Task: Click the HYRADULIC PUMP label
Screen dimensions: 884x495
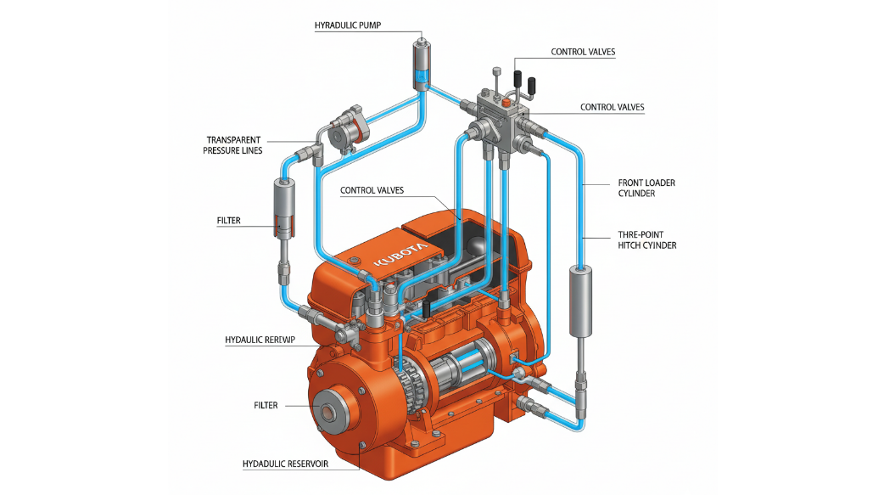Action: pyautogui.click(x=347, y=25)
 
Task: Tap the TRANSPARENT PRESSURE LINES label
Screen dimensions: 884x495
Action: pyautogui.click(x=232, y=145)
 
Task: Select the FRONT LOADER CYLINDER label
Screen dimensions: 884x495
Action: pyautogui.click(x=646, y=188)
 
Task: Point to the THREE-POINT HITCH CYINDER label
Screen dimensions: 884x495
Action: pyautogui.click(x=646, y=240)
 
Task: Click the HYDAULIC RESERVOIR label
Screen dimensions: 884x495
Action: pyautogui.click(x=285, y=464)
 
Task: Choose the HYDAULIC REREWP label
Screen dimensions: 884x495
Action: pyautogui.click(x=260, y=340)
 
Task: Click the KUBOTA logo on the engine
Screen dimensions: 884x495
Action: pyautogui.click(x=400, y=255)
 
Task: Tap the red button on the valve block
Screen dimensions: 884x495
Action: pyautogui.click(x=506, y=102)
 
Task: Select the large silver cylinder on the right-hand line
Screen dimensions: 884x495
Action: pyautogui.click(x=580, y=301)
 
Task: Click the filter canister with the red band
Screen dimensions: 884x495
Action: pyautogui.click(x=285, y=208)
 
